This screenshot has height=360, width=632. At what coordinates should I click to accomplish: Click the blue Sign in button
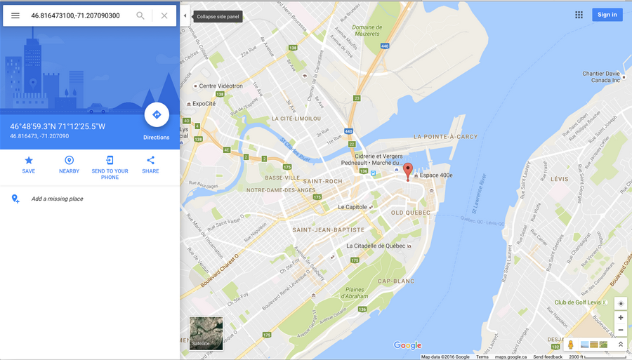tap(607, 15)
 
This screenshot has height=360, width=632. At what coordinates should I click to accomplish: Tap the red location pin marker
tap(408, 171)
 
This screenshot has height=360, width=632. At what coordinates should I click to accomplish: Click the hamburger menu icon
tap(15, 15)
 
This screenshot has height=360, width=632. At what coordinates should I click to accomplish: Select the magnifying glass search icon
tap(140, 15)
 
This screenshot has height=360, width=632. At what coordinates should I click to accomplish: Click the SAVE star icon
tap(29, 161)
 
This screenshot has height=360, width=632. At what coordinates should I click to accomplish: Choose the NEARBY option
tap(69, 161)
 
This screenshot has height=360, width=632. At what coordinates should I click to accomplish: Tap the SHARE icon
tap(150, 161)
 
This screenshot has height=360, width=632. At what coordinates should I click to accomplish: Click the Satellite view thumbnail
tap(206, 333)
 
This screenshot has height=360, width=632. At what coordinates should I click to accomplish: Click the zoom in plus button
tap(620, 317)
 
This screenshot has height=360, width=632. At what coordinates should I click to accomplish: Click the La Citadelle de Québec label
tap(376, 246)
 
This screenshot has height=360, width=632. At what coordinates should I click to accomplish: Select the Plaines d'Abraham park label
tap(355, 293)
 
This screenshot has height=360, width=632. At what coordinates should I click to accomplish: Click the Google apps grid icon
tap(579, 15)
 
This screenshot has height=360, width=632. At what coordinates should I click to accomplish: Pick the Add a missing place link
tap(57, 199)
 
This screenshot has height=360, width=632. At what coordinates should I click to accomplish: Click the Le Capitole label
tap(353, 207)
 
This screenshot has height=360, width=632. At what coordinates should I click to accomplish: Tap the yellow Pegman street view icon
tap(571, 345)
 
